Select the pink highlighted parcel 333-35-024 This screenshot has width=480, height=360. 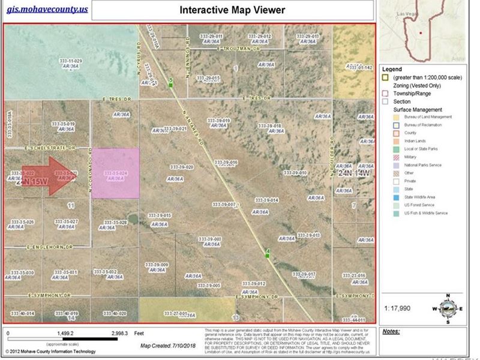[x=115, y=173]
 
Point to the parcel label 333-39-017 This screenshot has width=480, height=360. [x=306, y=274]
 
